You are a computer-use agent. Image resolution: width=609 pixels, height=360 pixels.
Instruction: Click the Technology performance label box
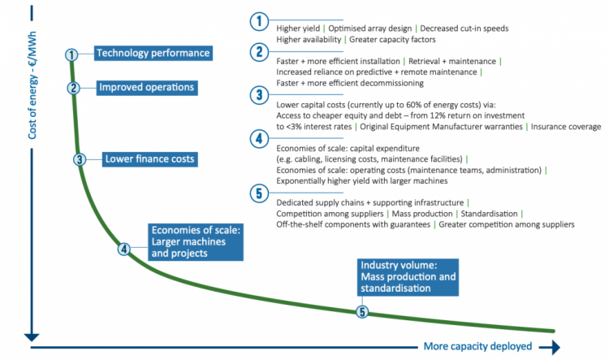tap(153, 53)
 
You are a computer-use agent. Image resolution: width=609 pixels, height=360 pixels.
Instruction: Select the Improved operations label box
tap(147, 88)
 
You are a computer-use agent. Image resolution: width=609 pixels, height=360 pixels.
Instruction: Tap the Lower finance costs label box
tap(150, 159)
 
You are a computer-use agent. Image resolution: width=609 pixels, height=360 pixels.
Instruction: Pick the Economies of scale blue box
tap(196, 242)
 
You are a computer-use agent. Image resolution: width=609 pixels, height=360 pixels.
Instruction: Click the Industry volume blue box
tap(408, 277)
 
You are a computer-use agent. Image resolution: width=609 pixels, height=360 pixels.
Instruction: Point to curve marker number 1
tap(71, 54)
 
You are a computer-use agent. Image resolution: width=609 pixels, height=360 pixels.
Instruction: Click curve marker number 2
tap(73, 89)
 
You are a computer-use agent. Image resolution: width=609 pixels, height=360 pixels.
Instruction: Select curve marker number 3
tap(80, 159)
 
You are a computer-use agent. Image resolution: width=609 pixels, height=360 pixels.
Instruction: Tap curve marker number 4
tap(124, 249)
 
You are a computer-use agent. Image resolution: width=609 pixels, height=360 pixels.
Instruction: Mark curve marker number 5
tap(362, 312)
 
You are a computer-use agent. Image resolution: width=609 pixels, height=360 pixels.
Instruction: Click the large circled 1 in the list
tap(259, 21)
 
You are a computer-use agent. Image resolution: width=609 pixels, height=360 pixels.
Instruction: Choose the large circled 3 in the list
tap(259, 95)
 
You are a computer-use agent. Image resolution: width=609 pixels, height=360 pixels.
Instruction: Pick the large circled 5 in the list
tap(259, 193)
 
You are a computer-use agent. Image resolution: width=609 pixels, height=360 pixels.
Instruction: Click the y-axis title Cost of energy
tap(32, 85)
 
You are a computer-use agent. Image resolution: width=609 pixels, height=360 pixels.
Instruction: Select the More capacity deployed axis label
tap(477, 346)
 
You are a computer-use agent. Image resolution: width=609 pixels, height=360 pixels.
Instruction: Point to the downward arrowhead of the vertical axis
tap(32, 337)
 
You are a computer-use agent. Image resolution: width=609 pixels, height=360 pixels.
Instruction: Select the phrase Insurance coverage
tap(566, 127)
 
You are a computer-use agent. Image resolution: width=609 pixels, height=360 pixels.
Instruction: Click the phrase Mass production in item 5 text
tap(422, 214)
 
